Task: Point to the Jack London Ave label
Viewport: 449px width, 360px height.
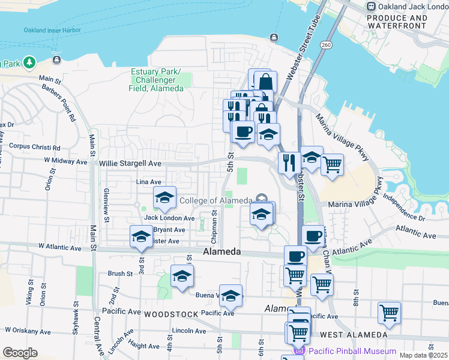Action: (169, 218)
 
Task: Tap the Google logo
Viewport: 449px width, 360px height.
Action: (20, 352)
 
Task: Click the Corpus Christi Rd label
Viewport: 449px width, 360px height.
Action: (35, 147)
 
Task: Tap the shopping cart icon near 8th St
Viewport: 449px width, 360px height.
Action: (389, 313)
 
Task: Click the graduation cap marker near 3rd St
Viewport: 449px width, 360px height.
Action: (141, 236)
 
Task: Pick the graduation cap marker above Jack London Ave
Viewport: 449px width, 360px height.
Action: (164, 197)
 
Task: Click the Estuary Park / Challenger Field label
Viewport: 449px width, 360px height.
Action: (156, 80)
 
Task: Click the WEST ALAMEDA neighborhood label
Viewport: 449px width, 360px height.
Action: (353, 334)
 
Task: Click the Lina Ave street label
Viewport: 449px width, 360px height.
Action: (149, 182)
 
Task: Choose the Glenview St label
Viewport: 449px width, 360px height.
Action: (106, 200)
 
